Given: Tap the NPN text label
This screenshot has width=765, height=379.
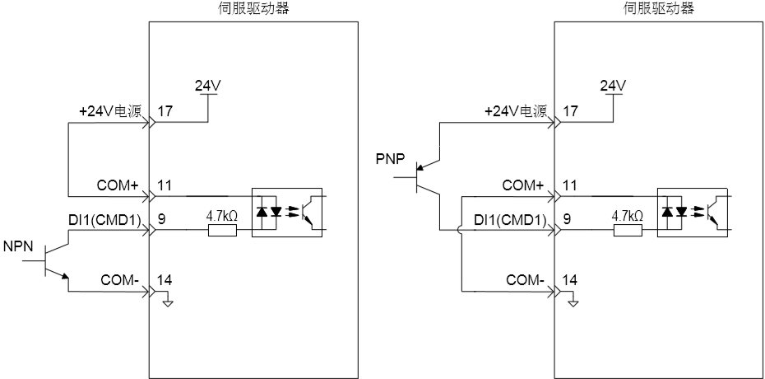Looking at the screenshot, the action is pyautogui.click(x=18, y=246).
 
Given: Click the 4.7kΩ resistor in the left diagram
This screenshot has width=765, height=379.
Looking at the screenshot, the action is pyautogui.click(x=222, y=230).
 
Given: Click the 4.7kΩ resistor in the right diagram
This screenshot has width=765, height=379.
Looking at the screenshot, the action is pyautogui.click(x=628, y=230).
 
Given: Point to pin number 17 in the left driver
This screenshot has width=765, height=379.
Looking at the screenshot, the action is pyautogui.click(x=165, y=111).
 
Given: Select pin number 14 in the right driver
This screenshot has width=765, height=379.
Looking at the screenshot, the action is pyautogui.click(x=570, y=280).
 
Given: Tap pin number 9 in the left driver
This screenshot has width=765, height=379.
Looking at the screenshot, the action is pyautogui.click(x=161, y=219).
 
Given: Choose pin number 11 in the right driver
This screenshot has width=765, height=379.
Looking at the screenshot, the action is pyautogui.click(x=570, y=185).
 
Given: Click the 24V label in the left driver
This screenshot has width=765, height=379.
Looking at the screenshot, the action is pyautogui.click(x=208, y=86).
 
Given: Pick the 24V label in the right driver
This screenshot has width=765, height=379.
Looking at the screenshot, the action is pyautogui.click(x=614, y=86).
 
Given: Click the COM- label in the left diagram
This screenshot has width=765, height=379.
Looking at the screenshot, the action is pyautogui.click(x=120, y=280).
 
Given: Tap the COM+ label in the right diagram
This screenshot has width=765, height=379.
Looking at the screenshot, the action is pyautogui.click(x=523, y=185).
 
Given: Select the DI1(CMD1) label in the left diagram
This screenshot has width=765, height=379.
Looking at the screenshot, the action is pyautogui.click(x=104, y=220).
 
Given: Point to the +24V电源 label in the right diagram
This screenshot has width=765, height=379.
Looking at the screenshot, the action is pyautogui.click(x=516, y=111).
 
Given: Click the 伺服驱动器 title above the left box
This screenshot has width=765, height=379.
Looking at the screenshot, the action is pyautogui.click(x=252, y=8).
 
